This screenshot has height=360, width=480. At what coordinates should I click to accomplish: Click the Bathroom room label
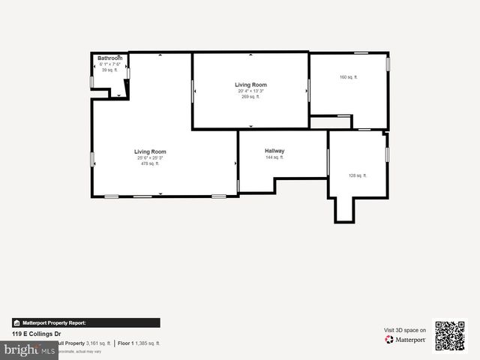point(109,58)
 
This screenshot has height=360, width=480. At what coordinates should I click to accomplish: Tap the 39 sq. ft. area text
point(109,70)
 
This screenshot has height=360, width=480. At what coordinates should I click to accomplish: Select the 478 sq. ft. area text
point(150,163)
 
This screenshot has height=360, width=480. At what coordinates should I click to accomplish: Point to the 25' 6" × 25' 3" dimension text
point(150,157)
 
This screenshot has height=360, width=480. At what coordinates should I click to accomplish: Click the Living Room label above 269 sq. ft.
point(250,85)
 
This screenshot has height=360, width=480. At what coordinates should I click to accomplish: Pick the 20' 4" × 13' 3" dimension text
point(250,91)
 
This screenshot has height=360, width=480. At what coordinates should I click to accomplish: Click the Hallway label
point(274,151)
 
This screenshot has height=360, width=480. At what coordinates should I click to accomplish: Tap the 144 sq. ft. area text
point(274,157)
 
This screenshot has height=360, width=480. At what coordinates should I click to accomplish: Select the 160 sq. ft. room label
point(348,77)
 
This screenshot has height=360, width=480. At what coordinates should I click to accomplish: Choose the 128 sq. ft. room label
point(357,175)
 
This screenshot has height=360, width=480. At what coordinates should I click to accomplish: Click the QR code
point(450,336)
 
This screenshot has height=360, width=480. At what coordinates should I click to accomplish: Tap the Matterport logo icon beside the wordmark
point(389,340)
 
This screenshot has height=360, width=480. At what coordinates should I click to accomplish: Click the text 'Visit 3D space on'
point(405,330)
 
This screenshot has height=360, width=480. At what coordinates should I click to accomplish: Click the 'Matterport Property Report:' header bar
point(85,322)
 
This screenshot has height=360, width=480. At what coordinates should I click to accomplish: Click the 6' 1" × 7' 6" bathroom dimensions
point(109,64)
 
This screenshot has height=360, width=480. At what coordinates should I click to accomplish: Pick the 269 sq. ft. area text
point(250,97)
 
